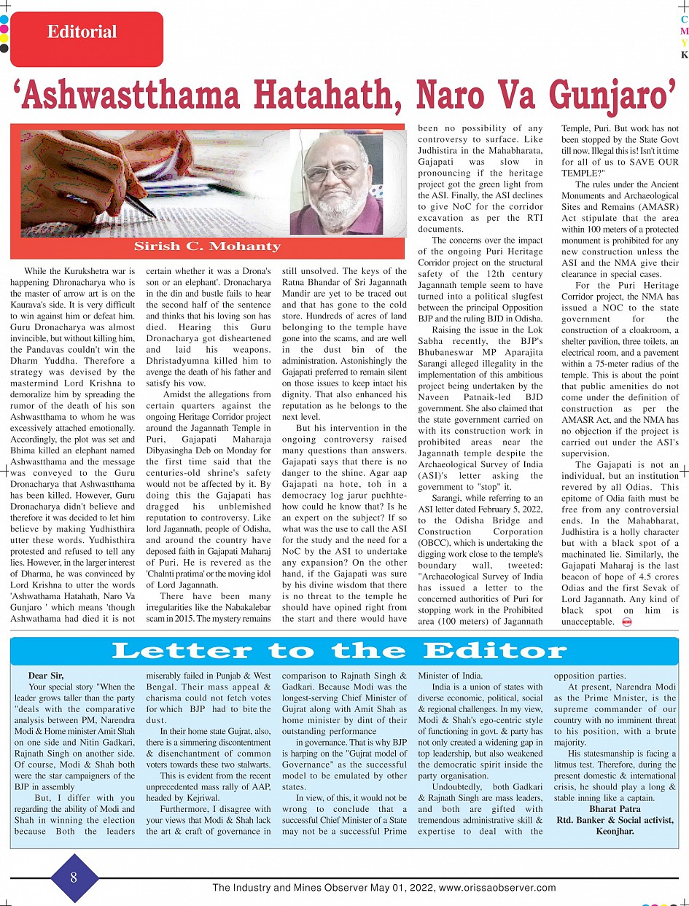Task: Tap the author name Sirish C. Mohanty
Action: click(208, 246)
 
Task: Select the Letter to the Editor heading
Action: click(339, 650)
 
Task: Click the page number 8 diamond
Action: click(74, 878)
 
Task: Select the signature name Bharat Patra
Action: click(615, 808)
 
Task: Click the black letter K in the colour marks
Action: click(684, 55)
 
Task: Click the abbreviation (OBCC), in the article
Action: click(435, 542)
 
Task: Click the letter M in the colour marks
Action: click(684, 31)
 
